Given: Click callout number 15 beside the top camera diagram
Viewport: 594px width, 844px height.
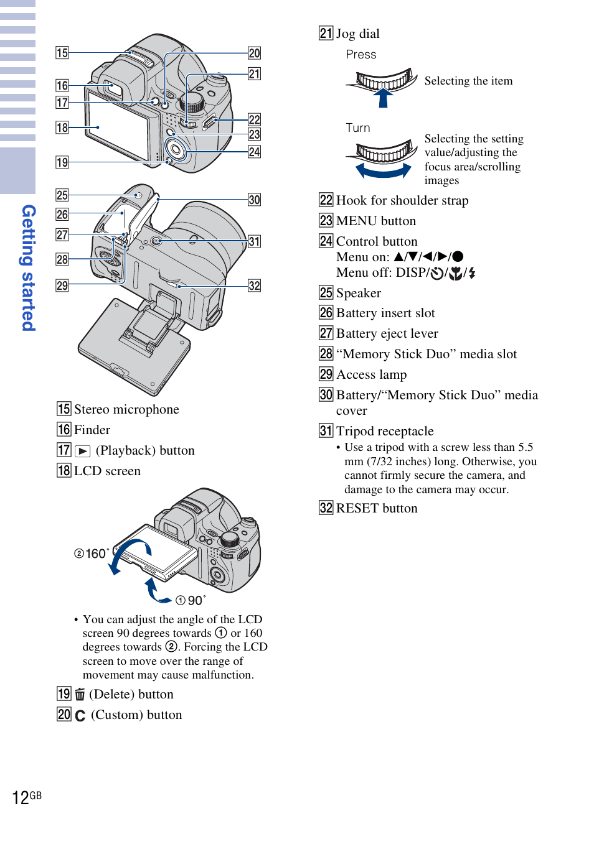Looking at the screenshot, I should point(62,53).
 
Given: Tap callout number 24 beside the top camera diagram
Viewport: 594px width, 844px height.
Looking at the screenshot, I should point(254,152).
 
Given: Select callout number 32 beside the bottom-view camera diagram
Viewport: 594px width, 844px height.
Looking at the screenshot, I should point(254,285).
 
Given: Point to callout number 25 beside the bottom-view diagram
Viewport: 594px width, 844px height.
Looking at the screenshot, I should point(62,195).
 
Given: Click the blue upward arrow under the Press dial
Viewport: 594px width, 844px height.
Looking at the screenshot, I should point(383,98).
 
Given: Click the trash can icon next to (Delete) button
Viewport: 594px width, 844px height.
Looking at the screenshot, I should point(80,694).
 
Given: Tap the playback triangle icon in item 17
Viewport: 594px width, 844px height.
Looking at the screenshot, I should point(83,451).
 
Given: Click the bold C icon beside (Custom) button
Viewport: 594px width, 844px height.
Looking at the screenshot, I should point(80,715).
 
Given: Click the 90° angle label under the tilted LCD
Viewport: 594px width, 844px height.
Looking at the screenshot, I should point(191,600).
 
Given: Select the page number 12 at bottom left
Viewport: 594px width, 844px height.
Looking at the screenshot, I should point(21,798).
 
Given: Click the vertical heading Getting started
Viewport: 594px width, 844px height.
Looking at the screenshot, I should point(29,268).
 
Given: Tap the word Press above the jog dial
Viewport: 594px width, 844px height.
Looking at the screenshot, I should point(361,55).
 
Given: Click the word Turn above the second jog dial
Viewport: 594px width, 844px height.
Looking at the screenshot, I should point(358,128).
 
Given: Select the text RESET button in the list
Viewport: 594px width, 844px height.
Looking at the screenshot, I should point(377,508).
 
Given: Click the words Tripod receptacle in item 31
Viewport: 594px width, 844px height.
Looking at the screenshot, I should point(385,431).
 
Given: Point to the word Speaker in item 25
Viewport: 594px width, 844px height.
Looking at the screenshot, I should point(359,293).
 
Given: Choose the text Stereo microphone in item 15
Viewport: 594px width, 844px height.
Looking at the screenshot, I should point(126,409).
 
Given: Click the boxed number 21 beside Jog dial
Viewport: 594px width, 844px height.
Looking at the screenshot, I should point(326,33).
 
